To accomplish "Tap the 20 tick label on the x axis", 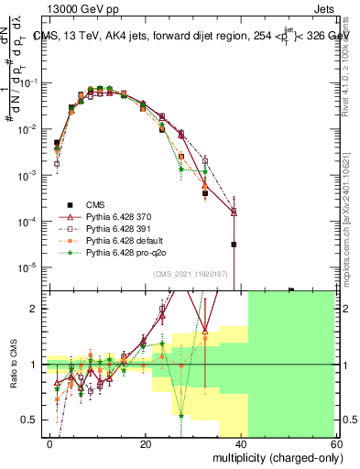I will tap(145, 443).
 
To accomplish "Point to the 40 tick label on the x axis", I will tap(240, 443).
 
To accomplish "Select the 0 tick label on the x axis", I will tap(49, 443).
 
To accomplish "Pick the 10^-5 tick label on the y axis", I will tap(28, 267).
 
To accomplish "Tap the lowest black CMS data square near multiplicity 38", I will tap(234, 245).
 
